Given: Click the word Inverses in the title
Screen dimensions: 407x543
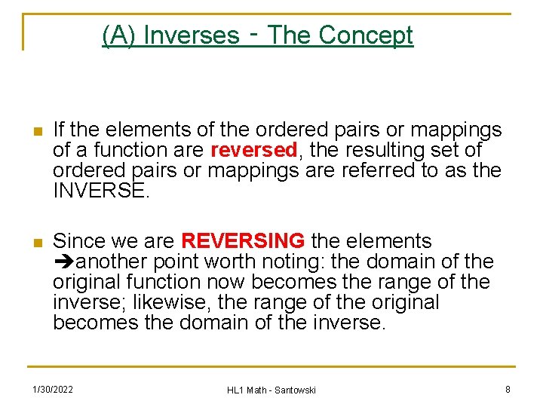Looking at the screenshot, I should pyautogui.click(x=190, y=35).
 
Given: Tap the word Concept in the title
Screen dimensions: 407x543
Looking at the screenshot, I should pyautogui.click(x=366, y=35).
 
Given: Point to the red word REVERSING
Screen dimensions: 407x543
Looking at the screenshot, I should pyautogui.click(x=243, y=241).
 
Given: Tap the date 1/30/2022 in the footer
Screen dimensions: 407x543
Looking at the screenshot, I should pyautogui.click(x=52, y=389).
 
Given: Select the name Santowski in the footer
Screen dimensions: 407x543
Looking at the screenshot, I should pyautogui.click(x=295, y=390).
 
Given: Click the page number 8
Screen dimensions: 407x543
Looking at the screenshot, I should pyautogui.click(x=508, y=389).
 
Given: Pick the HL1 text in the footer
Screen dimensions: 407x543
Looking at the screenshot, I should pyautogui.click(x=236, y=390).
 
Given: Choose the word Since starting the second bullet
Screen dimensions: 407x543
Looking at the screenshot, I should pyautogui.click(x=78, y=241).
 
